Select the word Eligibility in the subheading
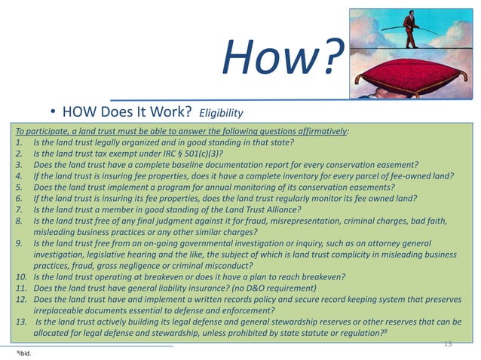point(221,114)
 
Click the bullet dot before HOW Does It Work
point(54,114)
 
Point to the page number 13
point(448,343)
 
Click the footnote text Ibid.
point(25,352)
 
